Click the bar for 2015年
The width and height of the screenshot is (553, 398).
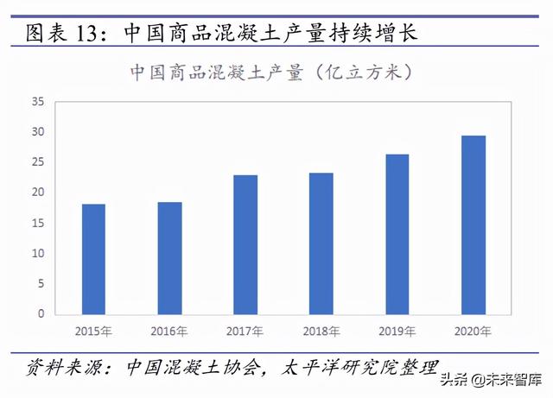point(93,259)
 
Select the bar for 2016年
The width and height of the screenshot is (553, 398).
point(169,258)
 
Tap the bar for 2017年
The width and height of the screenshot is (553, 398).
point(245,244)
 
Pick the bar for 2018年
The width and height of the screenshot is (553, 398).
point(321,243)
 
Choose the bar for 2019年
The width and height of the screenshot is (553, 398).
point(397,234)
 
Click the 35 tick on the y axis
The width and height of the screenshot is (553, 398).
point(38,102)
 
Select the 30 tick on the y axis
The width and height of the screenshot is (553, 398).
point(38,132)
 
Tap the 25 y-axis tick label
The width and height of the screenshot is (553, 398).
point(38,162)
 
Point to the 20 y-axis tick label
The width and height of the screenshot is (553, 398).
point(38,193)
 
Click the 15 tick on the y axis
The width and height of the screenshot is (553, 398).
point(38,223)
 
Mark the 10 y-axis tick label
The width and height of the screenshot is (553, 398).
point(38,253)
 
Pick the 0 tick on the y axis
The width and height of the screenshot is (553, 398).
point(41,314)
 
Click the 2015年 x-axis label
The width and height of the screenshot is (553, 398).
point(93,332)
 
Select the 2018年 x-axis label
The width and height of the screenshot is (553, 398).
point(321,332)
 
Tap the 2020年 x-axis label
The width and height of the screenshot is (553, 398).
point(473,332)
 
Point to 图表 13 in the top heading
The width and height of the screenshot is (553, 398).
point(64,35)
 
